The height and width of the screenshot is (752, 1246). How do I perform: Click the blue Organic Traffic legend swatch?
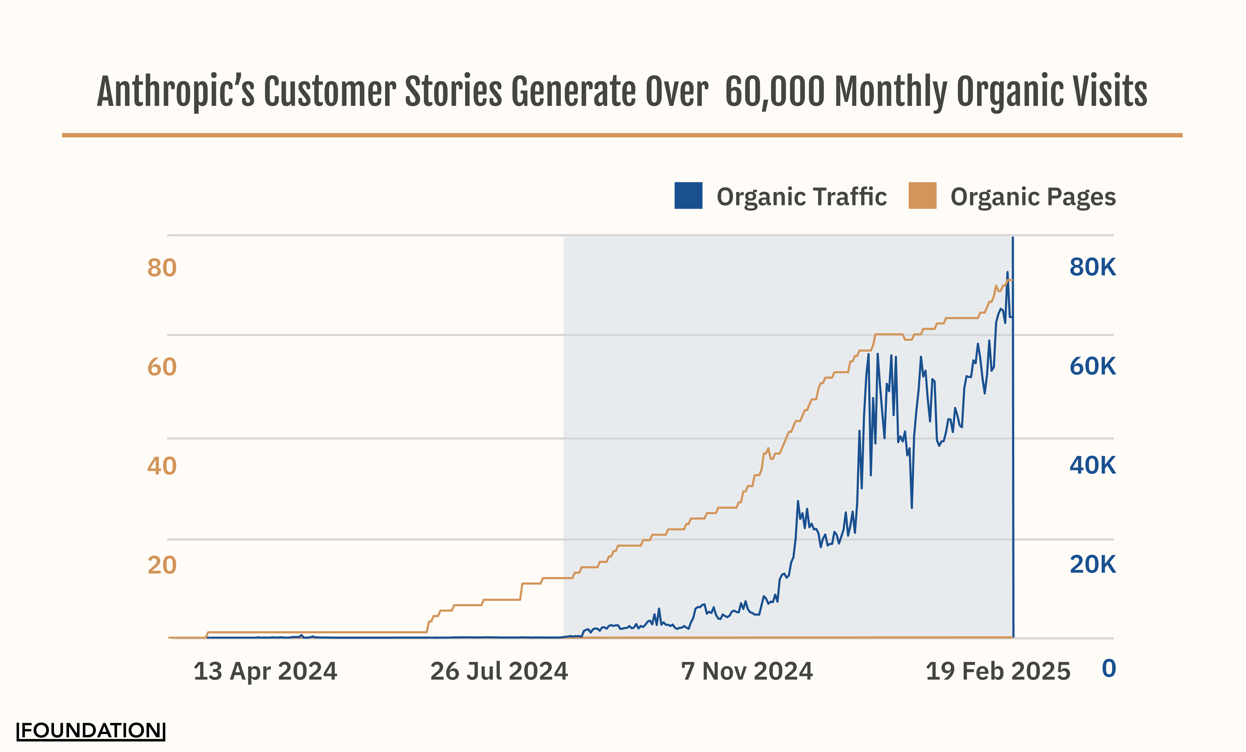click(x=688, y=196)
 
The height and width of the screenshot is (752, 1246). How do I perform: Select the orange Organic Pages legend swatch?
click(x=922, y=196)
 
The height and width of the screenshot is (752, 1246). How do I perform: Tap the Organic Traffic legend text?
click(x=802, y=197)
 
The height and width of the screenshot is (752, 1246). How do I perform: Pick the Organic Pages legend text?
click(x=1033, y=197)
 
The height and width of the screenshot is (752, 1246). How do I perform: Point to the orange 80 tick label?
click(x=162, y=268)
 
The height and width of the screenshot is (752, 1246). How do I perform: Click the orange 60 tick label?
click(x=162, y=367)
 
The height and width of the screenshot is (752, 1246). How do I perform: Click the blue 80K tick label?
click(x=1092, y=267)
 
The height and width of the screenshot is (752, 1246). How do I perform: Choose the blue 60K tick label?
click(x=1092, y=366)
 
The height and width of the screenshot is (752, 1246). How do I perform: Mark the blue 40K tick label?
click(x=1092, y=465)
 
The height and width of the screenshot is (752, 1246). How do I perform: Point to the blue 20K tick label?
click(x=1092, y=564)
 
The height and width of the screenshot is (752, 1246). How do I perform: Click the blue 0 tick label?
click(x=1109, y=669)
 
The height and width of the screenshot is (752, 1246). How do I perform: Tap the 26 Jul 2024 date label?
click(x=499, y=672)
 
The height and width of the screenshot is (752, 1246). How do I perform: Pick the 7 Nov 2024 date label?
click(x=747, y=672)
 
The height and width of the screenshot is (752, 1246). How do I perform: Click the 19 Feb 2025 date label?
click(x=998, y=672)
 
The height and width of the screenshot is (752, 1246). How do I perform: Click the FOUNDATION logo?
click(x=91, y=731)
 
